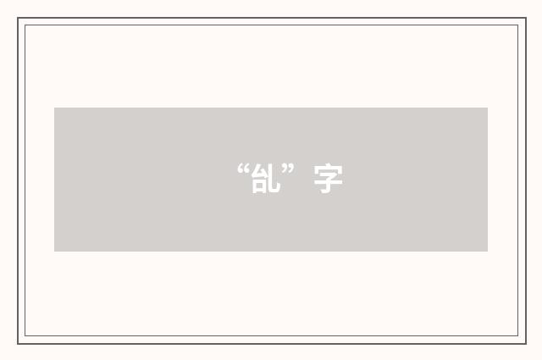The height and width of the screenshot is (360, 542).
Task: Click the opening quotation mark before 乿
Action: [243, 170]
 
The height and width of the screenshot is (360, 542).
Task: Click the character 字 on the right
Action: [329, 180]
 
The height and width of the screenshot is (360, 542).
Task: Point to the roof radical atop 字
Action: [329, 169]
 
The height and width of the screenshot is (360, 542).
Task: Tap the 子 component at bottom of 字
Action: [329, 185]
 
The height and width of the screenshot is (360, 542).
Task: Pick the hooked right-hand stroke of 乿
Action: [275, 180]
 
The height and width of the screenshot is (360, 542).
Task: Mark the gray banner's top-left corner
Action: [54, 108]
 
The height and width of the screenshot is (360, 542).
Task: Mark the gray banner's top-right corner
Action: [488, 108]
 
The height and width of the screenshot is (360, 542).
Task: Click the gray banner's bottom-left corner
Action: [54, 252]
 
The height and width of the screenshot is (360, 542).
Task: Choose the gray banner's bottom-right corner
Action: [488, 252]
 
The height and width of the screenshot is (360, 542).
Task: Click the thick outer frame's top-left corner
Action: [18, 19]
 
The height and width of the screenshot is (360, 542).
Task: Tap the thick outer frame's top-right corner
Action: [525, 19]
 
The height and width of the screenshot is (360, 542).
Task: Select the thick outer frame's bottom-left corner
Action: [18, 343]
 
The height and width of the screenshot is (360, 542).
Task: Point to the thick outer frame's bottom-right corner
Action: [525, 343]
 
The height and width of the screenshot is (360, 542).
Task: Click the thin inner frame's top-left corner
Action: [25, 25]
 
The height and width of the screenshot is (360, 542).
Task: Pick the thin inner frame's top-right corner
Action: [517, 25]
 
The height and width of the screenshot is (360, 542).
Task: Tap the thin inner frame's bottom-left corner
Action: [25, 336]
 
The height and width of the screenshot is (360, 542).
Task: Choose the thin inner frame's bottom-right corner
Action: [517, 336]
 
